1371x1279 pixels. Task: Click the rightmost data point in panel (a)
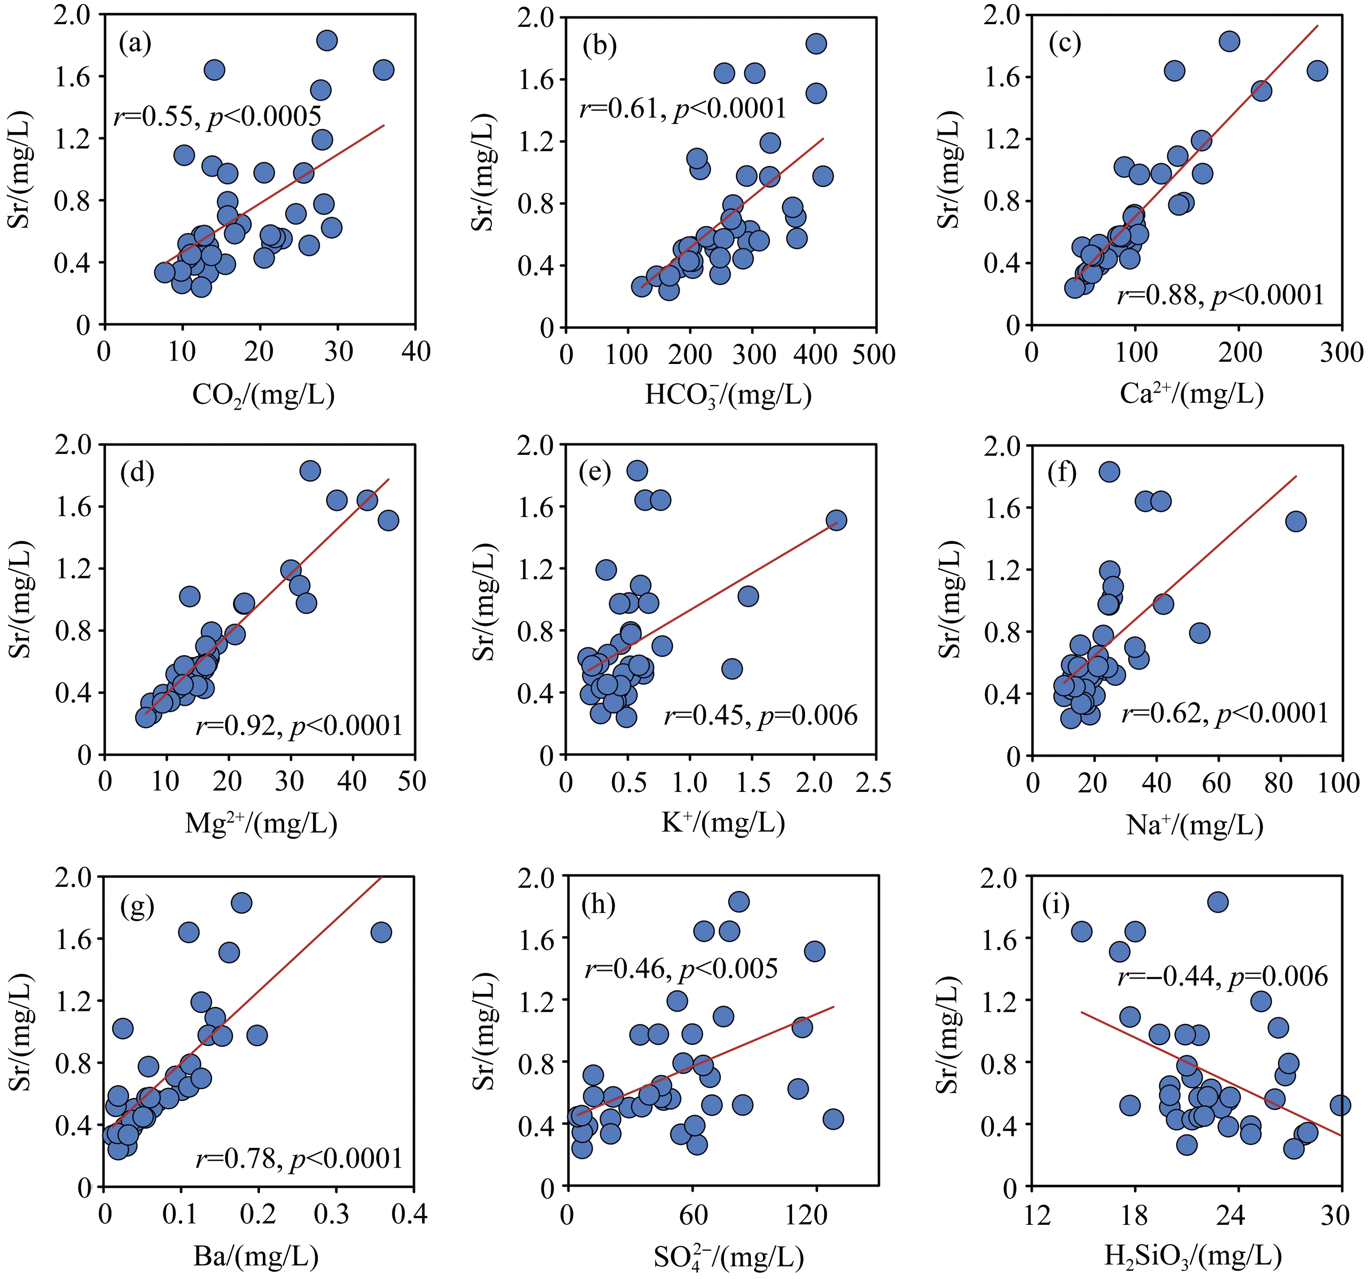[383, 70]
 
